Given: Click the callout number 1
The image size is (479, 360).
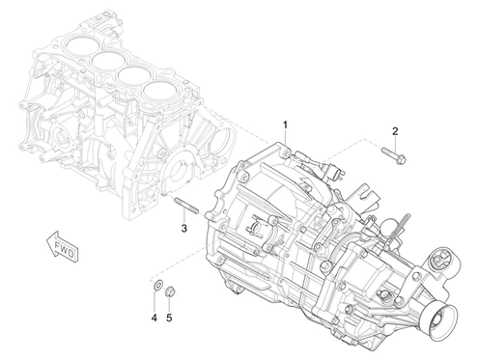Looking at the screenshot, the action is click(x=285, y=125).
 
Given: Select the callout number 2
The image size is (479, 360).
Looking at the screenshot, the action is click(x=395, y=131).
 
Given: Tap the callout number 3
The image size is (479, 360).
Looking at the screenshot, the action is click(x=183, y=229).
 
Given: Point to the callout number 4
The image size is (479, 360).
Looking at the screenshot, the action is click(x=155, y=318).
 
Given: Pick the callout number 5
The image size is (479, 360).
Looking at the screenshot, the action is click(x=169, y=318).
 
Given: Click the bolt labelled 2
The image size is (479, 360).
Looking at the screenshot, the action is click(x=394, y=154).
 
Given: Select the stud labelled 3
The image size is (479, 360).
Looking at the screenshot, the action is click(x=186, y=206).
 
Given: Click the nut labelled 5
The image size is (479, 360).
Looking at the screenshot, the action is click(x=170, y=291).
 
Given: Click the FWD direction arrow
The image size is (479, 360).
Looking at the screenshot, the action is click(x=63, y=245).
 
